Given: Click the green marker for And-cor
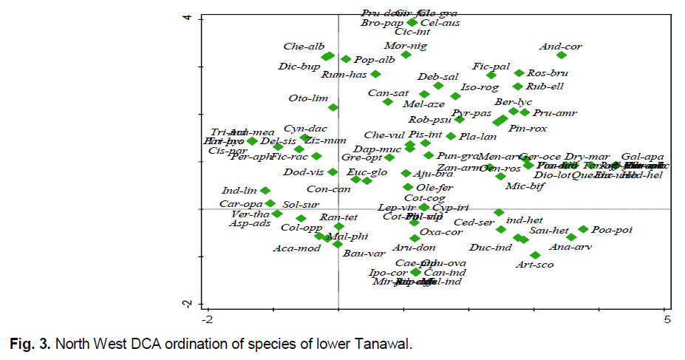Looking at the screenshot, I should (562, 55).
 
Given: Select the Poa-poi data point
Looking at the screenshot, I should (583, 229).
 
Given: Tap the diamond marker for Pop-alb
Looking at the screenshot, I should (346, 58).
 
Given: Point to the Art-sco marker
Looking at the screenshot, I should (535, 254).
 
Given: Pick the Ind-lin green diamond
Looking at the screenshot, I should (265, 191).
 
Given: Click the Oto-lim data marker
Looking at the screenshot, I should (333, 107).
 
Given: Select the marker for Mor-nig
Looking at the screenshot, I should (406, 55).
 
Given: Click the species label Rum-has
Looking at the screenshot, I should (344, 75).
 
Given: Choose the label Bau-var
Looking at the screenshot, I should (361, 254).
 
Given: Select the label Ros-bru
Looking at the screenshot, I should (548, 73).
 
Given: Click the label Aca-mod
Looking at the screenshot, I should (296, 248).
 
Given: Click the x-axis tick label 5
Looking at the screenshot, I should (667, 319).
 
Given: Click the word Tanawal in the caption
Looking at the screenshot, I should (381, 344).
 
